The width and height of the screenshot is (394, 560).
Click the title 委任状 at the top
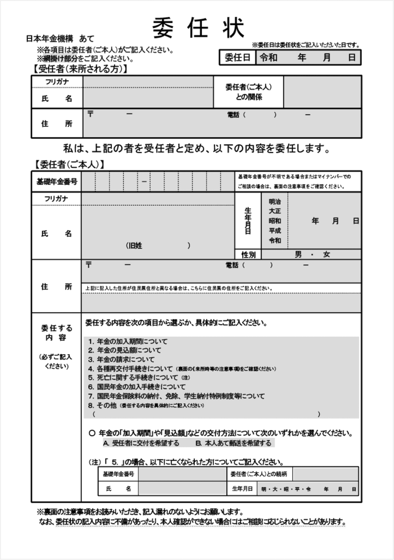[199, 27]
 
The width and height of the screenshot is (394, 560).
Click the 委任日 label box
[237, 57]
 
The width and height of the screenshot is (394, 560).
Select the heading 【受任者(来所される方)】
[80, 69]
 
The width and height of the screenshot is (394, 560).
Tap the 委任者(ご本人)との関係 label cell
[248, 92]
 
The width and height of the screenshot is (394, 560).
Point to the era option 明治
[275, 202]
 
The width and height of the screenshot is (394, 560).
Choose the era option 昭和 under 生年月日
[275, 221]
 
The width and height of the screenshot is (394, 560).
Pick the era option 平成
[275, 231]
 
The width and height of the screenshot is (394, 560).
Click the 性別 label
[248, 255]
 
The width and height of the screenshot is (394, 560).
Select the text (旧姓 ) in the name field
[158, 245]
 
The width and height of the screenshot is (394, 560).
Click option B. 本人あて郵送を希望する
[233, 443]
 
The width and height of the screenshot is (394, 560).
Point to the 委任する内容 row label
[57, 332]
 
